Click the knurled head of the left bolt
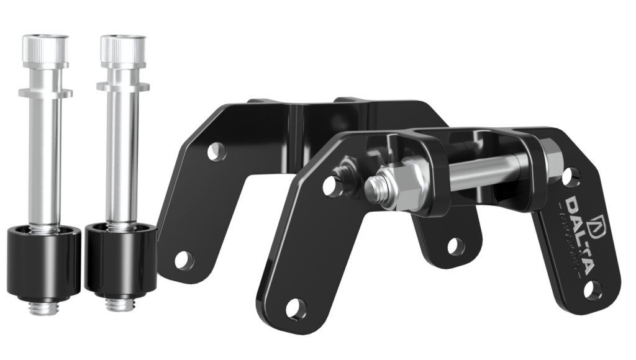coord(45,48)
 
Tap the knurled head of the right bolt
coord(122,49)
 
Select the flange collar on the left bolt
coord(45,93)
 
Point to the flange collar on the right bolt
coord(123,86)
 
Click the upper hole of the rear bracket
coord(216,151)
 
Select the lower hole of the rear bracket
coord(183,260)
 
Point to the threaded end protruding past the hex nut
coord(375,184)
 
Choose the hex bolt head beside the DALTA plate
coord(552,156)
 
